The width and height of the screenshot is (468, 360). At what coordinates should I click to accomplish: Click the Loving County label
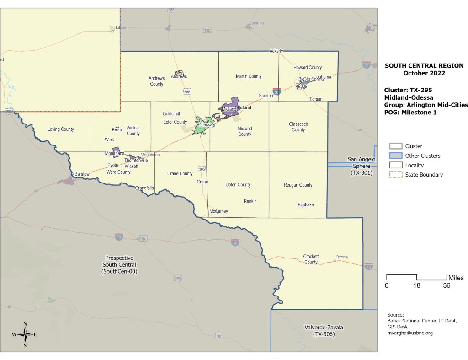coord(61,129)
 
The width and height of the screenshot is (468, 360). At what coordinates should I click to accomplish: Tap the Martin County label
coord(249,76)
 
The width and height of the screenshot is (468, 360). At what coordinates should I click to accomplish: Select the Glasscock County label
coord(298,127)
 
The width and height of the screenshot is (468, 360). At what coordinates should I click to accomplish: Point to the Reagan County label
coord(298,185)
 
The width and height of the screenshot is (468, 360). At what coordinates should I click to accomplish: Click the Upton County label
coord(238,185)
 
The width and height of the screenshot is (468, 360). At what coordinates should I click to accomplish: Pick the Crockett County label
coord(311,259)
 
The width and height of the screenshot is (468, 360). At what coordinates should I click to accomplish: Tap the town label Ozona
coord(342,257)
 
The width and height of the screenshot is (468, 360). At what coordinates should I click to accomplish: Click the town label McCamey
coord(218,211)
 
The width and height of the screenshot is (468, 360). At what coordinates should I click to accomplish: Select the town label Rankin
coord(250,201)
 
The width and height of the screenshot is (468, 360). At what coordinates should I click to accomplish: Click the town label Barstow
coord(82,174)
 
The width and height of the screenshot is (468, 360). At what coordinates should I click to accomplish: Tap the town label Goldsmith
coord(172,114)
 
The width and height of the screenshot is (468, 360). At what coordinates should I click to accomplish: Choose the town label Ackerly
coord(277,51)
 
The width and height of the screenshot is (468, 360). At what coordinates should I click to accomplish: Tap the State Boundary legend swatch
coord(395,175)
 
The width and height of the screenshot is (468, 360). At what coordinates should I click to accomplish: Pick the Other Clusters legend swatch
coord(395,156)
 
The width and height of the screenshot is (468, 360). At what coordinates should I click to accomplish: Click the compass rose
coord(25,334)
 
